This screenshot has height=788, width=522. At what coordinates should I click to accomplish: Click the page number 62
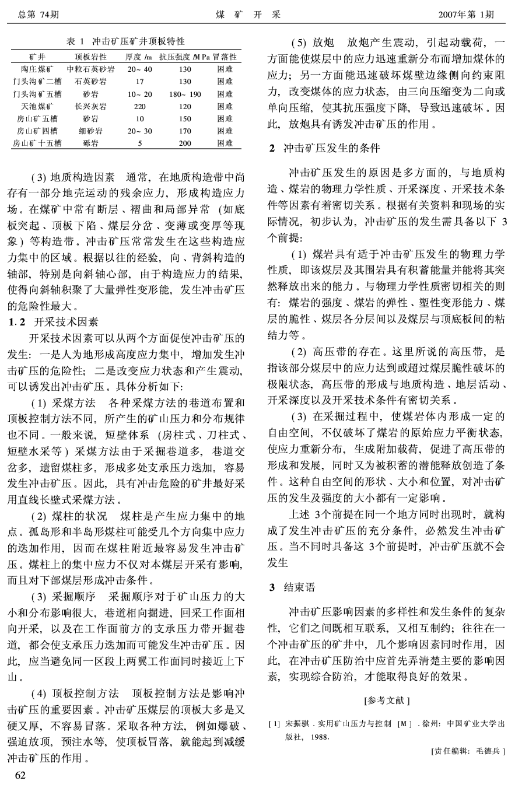pos(20,774)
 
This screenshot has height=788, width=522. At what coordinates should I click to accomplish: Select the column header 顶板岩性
pos(90,57)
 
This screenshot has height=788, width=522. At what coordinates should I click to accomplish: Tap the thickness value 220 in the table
pos(140,106)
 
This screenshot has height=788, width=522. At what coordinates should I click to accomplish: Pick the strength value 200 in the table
pos(185,143)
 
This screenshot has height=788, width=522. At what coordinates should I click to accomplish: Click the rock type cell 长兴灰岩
pos(90,106)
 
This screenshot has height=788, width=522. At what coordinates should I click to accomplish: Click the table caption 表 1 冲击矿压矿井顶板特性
pos(125,41)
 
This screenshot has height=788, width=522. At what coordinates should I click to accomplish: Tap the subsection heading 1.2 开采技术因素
pos(54,321)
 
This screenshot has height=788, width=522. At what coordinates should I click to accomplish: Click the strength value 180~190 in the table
pos(185,94)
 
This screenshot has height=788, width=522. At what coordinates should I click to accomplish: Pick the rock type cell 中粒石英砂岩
pos(90,69)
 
